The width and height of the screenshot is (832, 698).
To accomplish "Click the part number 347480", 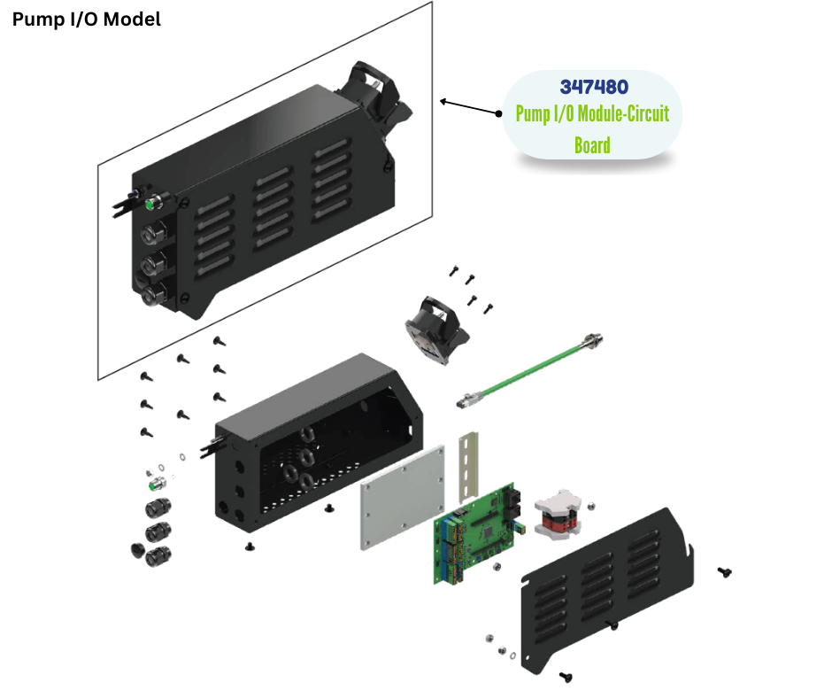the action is [x=594, y=87].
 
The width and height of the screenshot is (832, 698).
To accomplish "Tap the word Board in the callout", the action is [x=592, y=145].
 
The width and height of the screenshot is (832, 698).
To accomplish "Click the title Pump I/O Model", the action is [x=87, y=19].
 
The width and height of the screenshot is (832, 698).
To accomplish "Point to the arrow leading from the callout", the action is [x=470, y=107].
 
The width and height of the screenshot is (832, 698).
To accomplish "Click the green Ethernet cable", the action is [x=529, y=370].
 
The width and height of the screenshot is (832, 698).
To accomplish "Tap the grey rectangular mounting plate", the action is [x=402, y=496].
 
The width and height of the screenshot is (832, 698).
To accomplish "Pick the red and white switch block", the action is [x=558, y=514].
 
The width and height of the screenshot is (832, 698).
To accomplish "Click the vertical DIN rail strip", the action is [x=468, y=467].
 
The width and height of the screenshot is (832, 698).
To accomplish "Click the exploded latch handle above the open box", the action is [x=435, y=330].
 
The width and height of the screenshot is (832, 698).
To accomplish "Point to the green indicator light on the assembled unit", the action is [x=151, y=203].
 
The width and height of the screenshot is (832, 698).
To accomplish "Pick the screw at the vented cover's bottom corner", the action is [x=566, y=676].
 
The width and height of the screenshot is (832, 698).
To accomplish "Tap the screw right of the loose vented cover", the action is [x=724, y=571].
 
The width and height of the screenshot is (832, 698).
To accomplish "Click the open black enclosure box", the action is [x=319, y=444].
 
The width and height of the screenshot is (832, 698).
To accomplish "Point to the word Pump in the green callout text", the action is [x=532, y=113].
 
